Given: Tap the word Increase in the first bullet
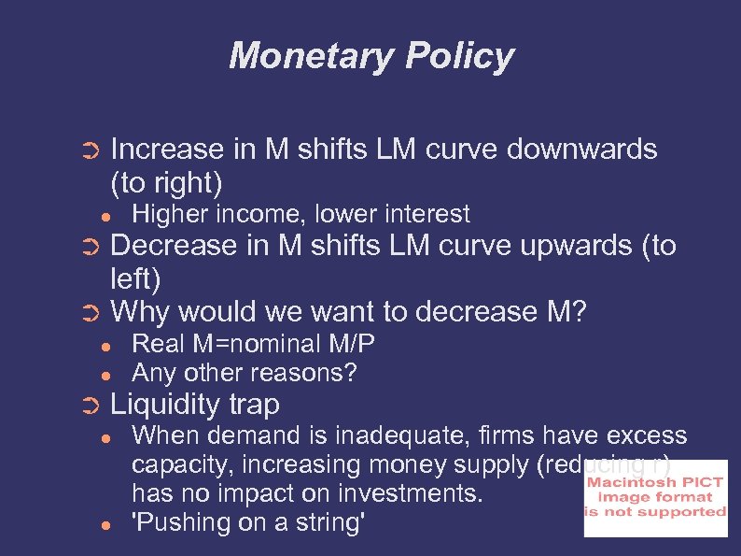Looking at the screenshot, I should (x=167, y=150).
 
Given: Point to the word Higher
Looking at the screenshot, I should (x=172, y=214).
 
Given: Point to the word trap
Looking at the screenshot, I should (x=256, y=405).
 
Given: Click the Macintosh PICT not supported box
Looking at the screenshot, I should (x=655, y=498).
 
